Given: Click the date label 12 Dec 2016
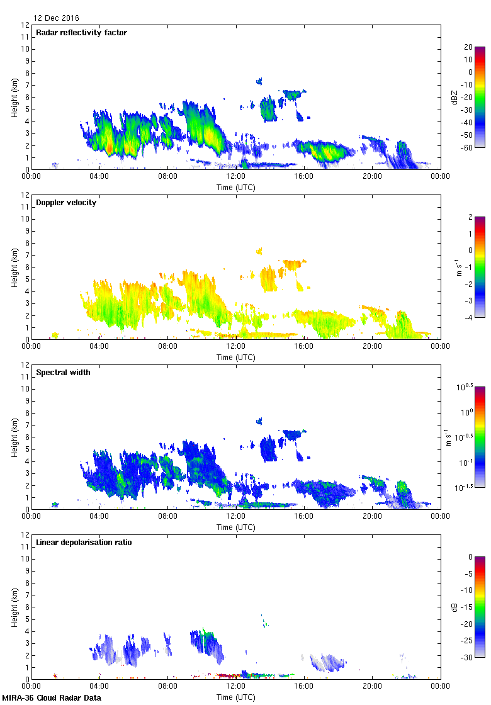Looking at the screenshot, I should pyautogui.click(x=57, y=18).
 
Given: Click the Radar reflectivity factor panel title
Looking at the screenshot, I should pyautogui.click(x=82, y=33).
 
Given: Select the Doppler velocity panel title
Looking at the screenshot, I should pyautogui.click(x=66, y=203).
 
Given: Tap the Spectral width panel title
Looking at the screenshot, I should pyautogui.click(x=63, y=373).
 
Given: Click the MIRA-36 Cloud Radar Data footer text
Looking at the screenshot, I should pyautogui.click(x=52, y=698).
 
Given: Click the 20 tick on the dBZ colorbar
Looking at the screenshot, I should pyautogui.click(x=468, y=47).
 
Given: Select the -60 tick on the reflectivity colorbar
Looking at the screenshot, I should pyautogui.click(x=468, y=147).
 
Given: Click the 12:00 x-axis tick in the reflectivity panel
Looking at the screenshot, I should pyautogui.click(x=235, y=177).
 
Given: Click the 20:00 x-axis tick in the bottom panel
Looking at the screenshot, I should pyautogui.click(x=371, y=687).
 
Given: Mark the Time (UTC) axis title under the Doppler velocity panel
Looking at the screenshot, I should pyautogui.click(x=235, y=358).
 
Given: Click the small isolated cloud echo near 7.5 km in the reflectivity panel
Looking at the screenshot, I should pyautogui.click(x=259, y=81).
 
